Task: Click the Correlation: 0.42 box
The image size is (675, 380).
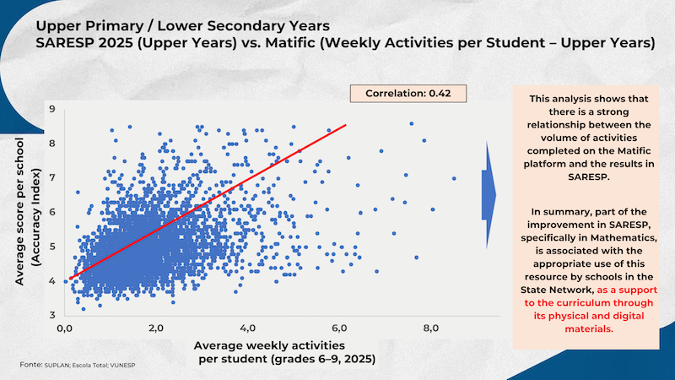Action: point(405,94)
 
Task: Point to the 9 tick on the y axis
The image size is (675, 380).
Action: point(52,109)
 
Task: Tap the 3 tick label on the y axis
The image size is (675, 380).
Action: point(52,314)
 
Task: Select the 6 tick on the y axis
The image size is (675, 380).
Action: point(52,212)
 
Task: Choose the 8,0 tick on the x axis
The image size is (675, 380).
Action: point(431,327)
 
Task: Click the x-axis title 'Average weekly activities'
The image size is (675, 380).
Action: point(269,347)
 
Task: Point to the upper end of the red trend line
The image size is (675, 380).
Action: point(346,125)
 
